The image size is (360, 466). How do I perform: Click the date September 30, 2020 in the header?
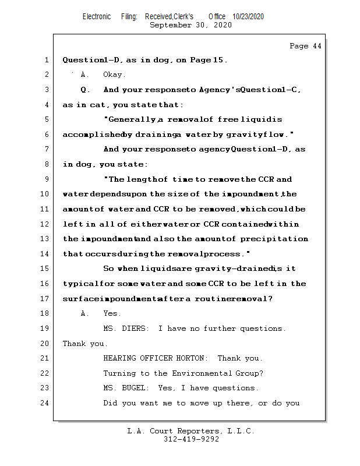coord(191,25)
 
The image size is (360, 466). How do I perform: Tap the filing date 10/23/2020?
coord(248,17)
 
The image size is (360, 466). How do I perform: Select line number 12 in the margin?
coord(46,224)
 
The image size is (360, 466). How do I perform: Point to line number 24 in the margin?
coord(46,403)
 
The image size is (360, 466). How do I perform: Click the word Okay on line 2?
coord(114,75)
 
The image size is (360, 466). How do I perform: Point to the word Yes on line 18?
coord(112,313)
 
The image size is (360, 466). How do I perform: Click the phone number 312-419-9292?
coord(191,439)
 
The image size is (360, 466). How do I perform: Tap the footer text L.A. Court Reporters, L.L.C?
coord(191,431)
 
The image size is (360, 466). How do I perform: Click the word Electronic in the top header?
coord(97,17)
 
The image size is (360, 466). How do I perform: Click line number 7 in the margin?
coord(46,149)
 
